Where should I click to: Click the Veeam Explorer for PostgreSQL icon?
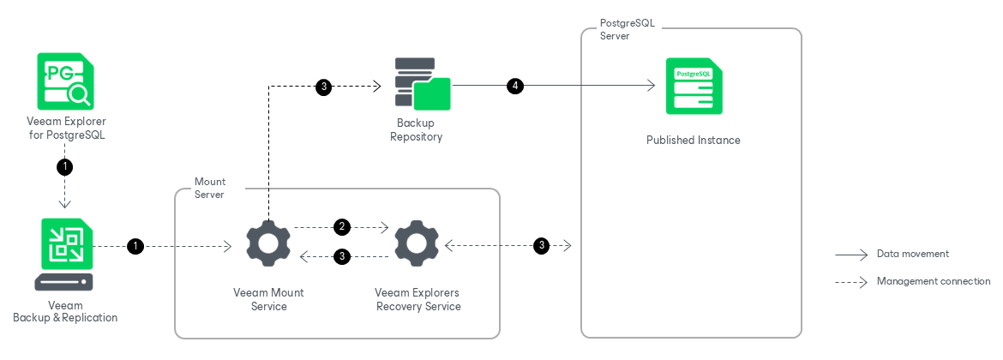(65, 80)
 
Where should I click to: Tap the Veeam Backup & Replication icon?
(65, 254)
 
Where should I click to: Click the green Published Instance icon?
(694, 86)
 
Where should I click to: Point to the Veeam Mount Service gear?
(268, 245)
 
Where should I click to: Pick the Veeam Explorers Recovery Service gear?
(417, 245)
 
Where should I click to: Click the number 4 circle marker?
(514, 86)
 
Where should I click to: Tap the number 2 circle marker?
(342, 227)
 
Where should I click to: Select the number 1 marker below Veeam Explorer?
(65, 166)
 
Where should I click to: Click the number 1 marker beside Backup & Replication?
(135, 247)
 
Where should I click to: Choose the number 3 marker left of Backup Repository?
(323, 86)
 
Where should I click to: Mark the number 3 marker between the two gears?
(342, 255)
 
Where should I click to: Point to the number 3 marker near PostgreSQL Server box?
(541, 246)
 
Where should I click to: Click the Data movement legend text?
(912, 254)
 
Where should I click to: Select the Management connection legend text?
(933, 281)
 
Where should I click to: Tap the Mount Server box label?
(209, 188)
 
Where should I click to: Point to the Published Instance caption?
(693, 140)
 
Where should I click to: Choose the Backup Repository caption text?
(417, 129)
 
